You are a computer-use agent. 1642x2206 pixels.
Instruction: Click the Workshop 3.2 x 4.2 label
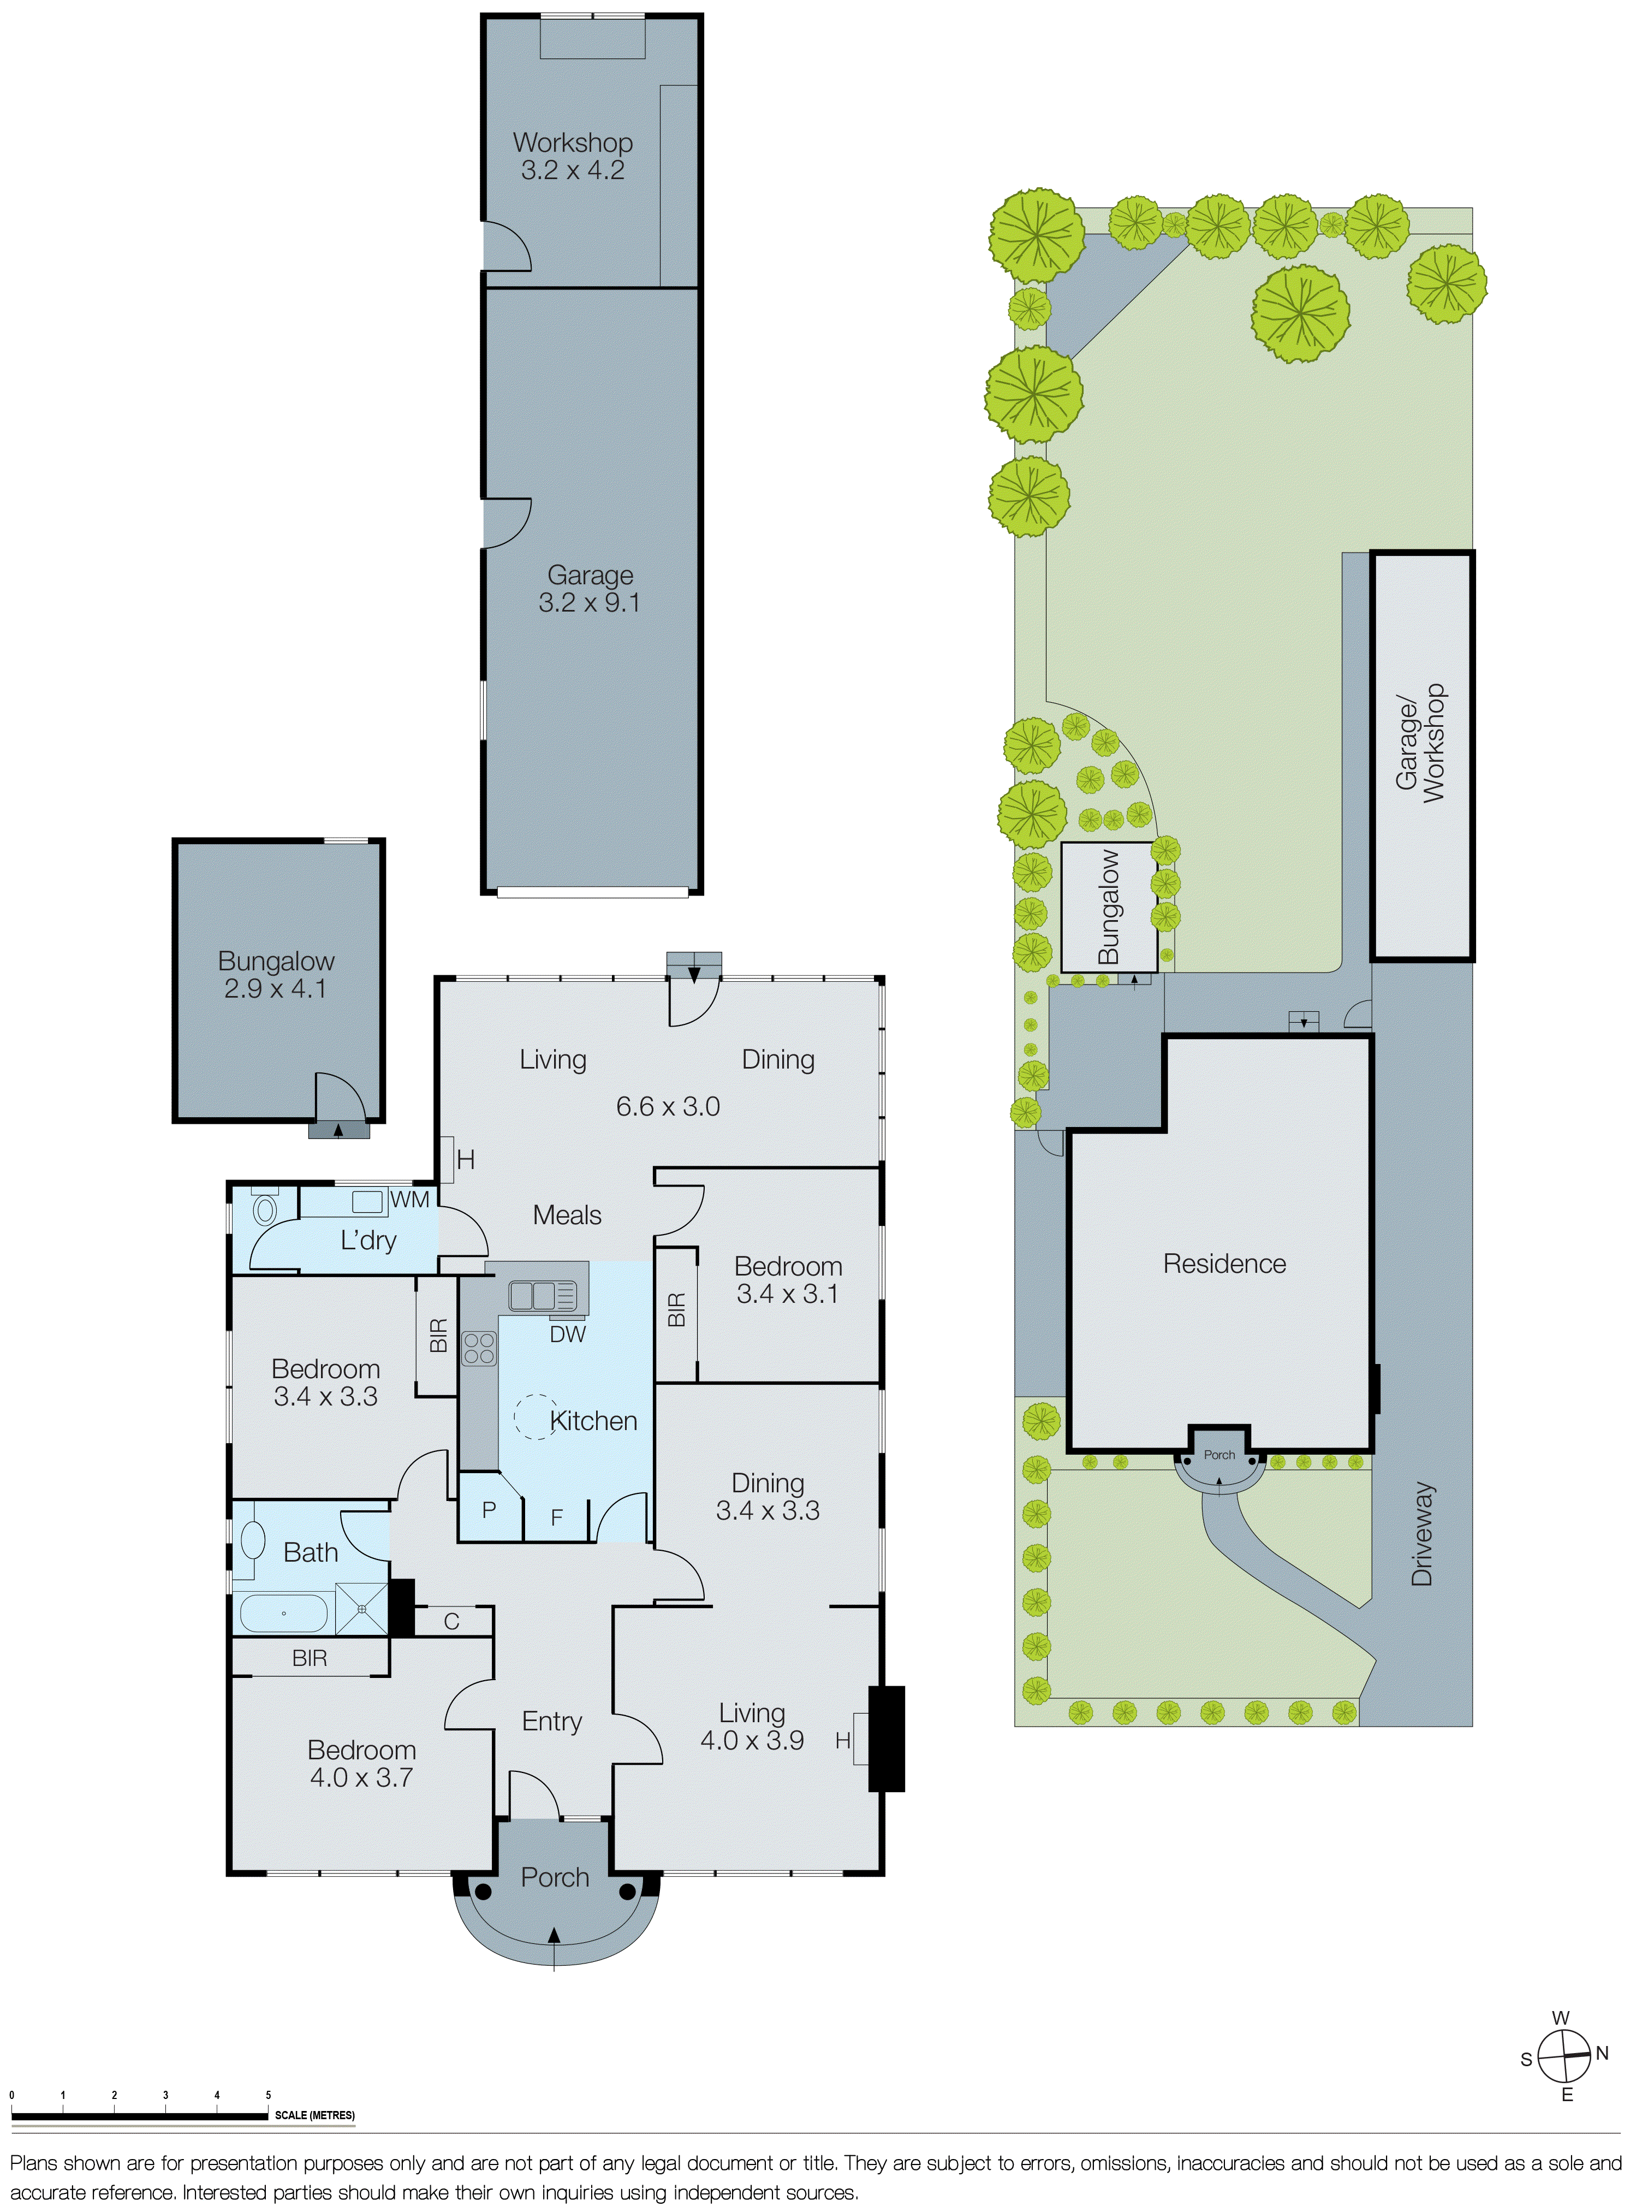tap(573, 156)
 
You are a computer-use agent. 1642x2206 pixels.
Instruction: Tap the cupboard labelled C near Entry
tap(452, 1621)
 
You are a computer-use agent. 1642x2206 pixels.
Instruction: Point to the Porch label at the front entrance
tap(555, 1877)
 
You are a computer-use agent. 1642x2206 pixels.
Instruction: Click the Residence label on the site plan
tap(1224, 1264)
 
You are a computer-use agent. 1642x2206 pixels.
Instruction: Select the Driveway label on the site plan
tap(1423, 1533)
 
